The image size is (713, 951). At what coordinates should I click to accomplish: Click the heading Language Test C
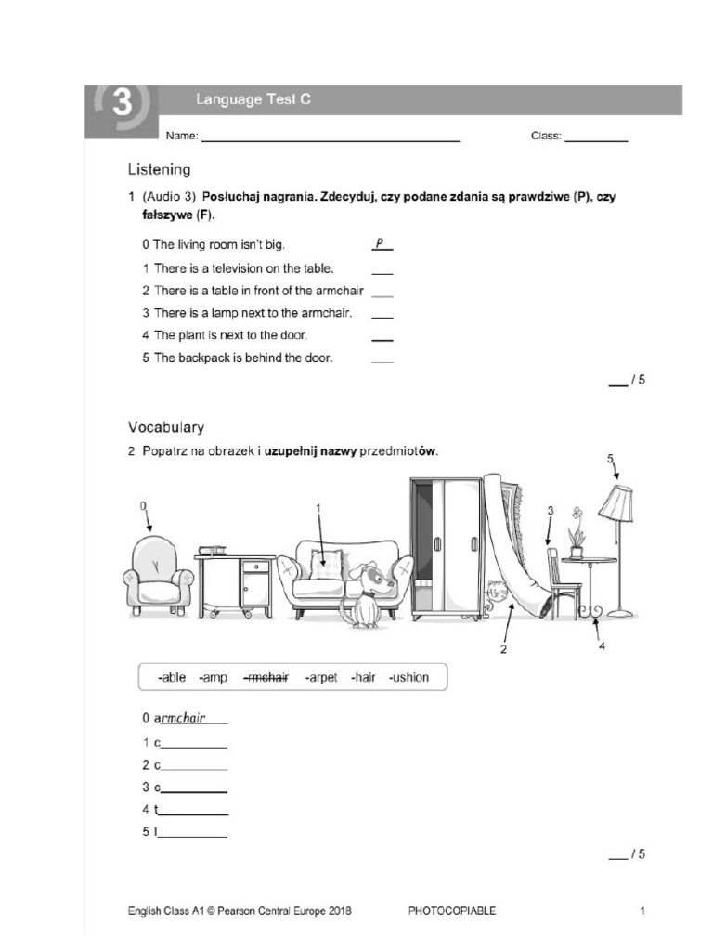point(253,100)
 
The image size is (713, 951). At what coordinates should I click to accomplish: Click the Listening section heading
point(159,170)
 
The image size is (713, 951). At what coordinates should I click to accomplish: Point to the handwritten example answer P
point(380,244)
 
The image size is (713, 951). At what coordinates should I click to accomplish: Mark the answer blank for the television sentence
point(382,269)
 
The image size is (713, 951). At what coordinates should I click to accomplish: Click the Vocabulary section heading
point(166,427)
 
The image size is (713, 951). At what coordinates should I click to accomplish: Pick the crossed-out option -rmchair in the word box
point(266,677)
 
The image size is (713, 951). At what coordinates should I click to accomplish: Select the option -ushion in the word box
point(408,677)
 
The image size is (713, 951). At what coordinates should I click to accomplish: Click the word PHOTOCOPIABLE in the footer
point(451,911)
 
